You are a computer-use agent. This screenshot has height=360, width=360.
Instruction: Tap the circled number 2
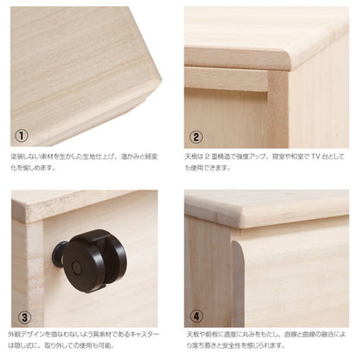point(197,136)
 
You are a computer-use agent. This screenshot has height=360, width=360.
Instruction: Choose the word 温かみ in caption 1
point(127,157)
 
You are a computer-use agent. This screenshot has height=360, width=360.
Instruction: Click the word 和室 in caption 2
point(299,157)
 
